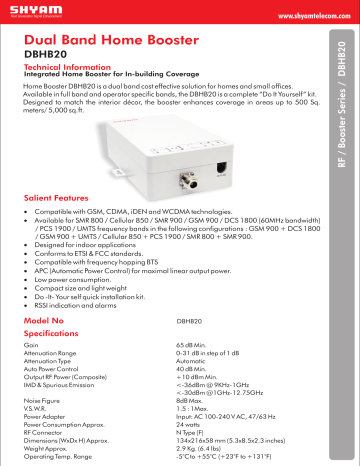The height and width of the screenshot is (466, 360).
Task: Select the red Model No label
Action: [x=46, y=321]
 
